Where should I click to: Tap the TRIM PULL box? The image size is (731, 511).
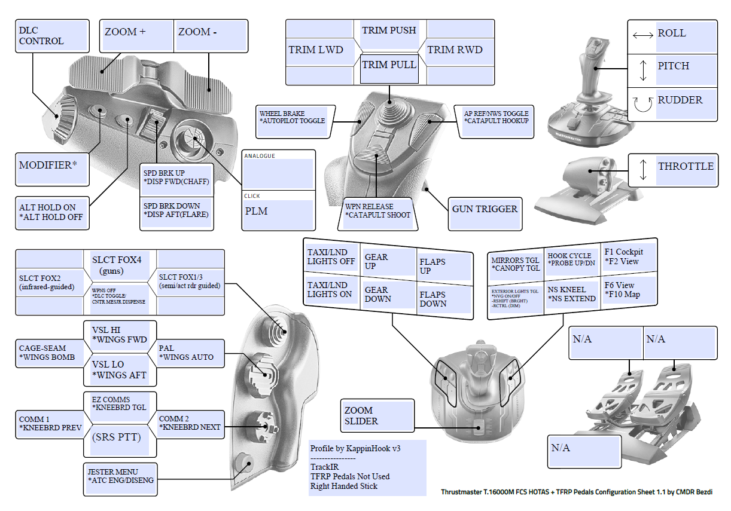click(389, 65)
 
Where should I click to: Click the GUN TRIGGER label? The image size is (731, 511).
click(485, 209)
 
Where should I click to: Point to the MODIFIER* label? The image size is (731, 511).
click(53, 166)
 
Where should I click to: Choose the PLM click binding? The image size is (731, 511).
click(278, 212)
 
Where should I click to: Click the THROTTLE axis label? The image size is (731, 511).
click(686, 167)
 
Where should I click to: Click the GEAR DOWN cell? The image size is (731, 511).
click(378, 295)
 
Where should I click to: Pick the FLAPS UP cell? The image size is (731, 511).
click(433, 267)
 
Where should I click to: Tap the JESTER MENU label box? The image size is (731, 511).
click(120, 476)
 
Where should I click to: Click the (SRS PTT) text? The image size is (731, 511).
click(117, 437)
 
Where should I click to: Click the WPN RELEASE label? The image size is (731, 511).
click(377, 211)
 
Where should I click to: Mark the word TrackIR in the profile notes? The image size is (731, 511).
click(324, 467)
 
